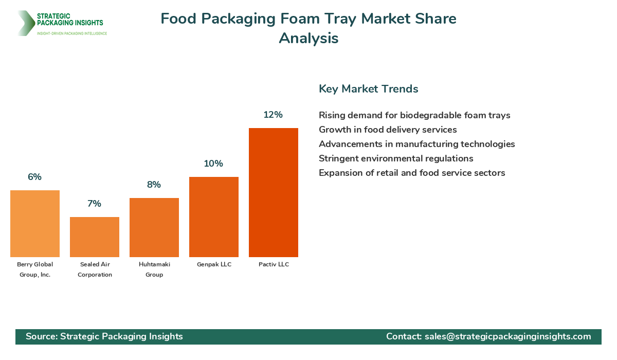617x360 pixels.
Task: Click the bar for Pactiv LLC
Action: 273,192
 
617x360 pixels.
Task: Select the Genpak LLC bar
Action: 213,217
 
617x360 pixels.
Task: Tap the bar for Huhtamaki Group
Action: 154,227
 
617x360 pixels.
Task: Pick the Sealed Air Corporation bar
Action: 94,237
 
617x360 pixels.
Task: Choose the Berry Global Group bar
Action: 34,223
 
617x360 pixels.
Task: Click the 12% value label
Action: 273,115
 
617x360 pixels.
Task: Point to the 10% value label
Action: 213,164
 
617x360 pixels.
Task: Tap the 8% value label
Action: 154,185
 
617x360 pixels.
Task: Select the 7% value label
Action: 94,204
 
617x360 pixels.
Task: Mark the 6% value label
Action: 34,177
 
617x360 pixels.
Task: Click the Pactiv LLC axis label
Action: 273,264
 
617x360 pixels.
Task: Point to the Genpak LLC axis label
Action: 213,264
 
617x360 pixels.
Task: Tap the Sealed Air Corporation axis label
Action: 95,269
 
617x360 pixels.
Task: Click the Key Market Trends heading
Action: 368,89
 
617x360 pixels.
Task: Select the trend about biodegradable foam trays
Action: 414,115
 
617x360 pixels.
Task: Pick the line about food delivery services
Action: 388,130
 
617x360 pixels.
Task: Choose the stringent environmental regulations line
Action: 396,158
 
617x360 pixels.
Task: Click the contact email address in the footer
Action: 507,336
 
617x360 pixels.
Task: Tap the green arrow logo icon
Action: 25,23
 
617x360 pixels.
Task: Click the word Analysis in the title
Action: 308,38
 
